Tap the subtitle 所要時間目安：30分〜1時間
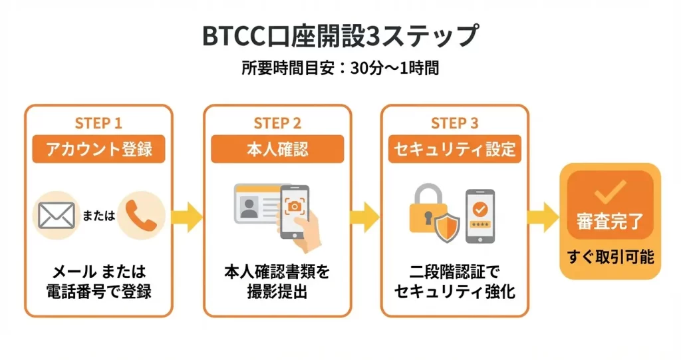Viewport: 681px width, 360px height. pos(340,68)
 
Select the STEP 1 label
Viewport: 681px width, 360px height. pos(98,123)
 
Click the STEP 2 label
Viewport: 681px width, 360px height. pos(277,123)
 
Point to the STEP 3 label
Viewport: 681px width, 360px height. pos(454,123)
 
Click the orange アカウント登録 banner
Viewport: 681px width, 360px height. pos(99,149)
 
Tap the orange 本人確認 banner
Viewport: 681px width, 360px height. pos(277,149)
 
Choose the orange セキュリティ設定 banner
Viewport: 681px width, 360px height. pos(455,149)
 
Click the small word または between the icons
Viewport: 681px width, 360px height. pos(99,217)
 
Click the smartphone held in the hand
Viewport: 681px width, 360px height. pos(294,212)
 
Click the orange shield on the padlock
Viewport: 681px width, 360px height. pos(446,228)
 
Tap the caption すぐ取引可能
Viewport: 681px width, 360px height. pos(610,256)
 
